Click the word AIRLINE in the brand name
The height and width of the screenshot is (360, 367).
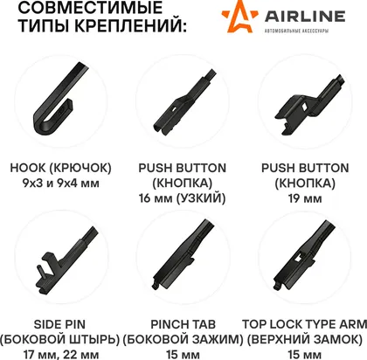coord(305,17)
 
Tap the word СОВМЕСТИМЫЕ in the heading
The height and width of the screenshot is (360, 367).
coord(90,7)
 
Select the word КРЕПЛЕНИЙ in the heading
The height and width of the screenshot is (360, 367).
coord(130,25)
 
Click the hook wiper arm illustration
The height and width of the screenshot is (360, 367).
coord(59,100)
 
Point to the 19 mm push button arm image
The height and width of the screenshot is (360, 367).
coord(309,104)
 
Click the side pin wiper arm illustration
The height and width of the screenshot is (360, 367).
coord(66,261)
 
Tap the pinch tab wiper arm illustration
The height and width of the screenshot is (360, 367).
coord(183,254)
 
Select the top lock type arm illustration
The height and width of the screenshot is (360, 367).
coord(304,255)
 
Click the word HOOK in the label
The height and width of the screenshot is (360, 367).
coord(28,168)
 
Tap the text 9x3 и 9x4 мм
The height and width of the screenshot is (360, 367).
coord(61,183)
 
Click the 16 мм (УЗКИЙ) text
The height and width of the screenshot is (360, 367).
coord(183,198)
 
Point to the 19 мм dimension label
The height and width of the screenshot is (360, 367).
coord(305,198)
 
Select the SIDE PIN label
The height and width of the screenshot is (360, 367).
coord(59,324)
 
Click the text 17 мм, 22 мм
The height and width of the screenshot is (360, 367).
coord(61,355)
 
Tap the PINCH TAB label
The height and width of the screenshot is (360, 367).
coord(183,324)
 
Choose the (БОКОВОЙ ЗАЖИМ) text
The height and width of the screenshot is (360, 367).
coord(183,340)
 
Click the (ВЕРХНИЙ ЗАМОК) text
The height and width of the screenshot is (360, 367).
coord(305,340)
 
